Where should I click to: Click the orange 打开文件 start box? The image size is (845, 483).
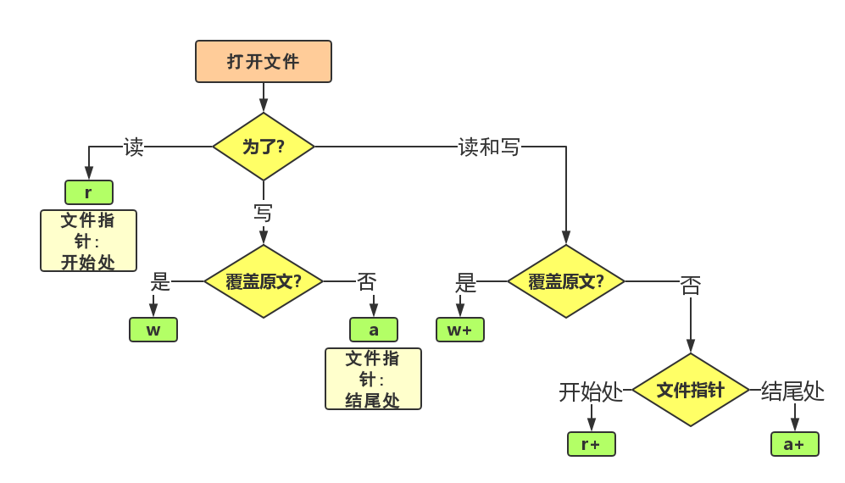263,61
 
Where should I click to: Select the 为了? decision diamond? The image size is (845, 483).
263,147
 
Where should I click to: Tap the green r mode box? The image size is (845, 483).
88,192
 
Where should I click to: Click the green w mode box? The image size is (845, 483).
153,330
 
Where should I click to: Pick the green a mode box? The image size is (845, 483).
374,330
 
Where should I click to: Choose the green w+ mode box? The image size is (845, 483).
460,330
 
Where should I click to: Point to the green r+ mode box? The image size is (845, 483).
591,444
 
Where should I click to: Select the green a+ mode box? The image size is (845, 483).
794,444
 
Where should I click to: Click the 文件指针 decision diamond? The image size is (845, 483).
691,390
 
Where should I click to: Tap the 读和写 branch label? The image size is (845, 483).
489,147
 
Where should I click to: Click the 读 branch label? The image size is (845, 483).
133,147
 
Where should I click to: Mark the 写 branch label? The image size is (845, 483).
263,212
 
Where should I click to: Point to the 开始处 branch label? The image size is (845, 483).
591,391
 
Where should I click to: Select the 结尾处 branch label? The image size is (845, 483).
792,391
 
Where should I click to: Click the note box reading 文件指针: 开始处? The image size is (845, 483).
88,241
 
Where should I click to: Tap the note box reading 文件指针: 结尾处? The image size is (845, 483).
373,379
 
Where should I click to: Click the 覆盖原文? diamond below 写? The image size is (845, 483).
263,281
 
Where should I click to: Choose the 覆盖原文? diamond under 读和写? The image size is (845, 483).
565,281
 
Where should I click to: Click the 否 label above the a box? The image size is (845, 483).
366,281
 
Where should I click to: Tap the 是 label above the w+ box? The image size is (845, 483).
465,281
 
